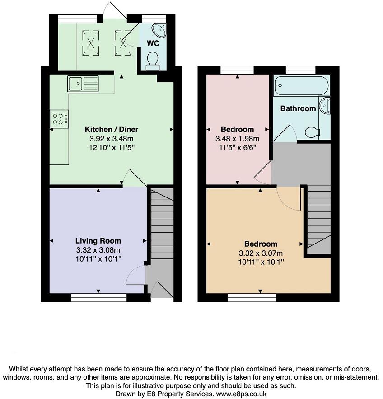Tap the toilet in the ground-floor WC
pyautogui.click(x=153, y=61)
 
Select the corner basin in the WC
pyautogui.click(x=159, y=30)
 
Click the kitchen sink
pyautogui.click(x=83, y=84)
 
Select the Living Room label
pyautogui.click(x=98, y=241)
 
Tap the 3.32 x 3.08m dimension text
pyautogui.click(x=98, y=250)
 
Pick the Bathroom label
pyautogui.click(x=298, y=108)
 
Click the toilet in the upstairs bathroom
pyautogui.click(x=312, y=132)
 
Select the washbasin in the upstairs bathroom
pyautogui.click(x=325, y=106)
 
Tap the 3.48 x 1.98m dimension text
pyautogui.click(x=238, y=138)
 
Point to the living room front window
pyautogui.click(x=99, y=297)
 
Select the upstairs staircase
pyautogui.click(x=319, y=217)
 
